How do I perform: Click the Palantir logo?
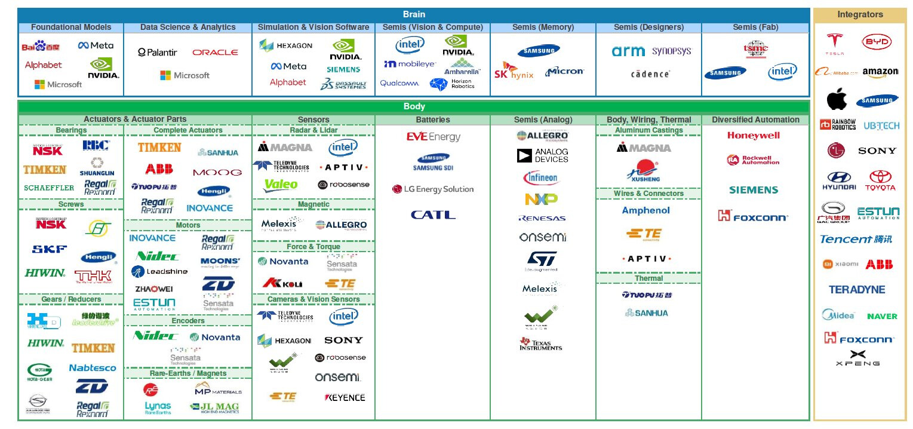pyautogui.click(x=158, y=53)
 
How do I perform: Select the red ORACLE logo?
pyautogui.click(x=215, y=53)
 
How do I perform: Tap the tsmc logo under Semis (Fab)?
pyautogui.click(x=755, y=48)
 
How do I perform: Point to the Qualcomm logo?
pyautogui.click(x=399, y=84)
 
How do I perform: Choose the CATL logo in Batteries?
pyautogui.click(x=433, y=215)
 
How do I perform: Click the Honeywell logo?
pyautogui.click(x=754, y=136)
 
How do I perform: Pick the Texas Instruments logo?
pyautogui.click(x=540, y=344)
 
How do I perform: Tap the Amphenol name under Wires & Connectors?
pyautogui.click(x=646, y=210)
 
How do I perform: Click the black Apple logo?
pyautogui.click(x=837, y=100)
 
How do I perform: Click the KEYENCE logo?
pyautogui.click(x=345, y=397)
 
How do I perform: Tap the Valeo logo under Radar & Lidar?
pyautogui.click(x=281, y=185)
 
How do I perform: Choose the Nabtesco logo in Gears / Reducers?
pyautogui.click(x=93, y=368)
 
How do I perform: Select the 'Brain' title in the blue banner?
pyautogui.click(x=414, y=14)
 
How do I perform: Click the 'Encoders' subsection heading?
pyautogui.click(x=188, y=321)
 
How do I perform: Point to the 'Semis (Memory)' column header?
pyautogui.click(x=543, y=27)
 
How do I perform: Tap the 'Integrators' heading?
pyautogui.click(x=860, y=15)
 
